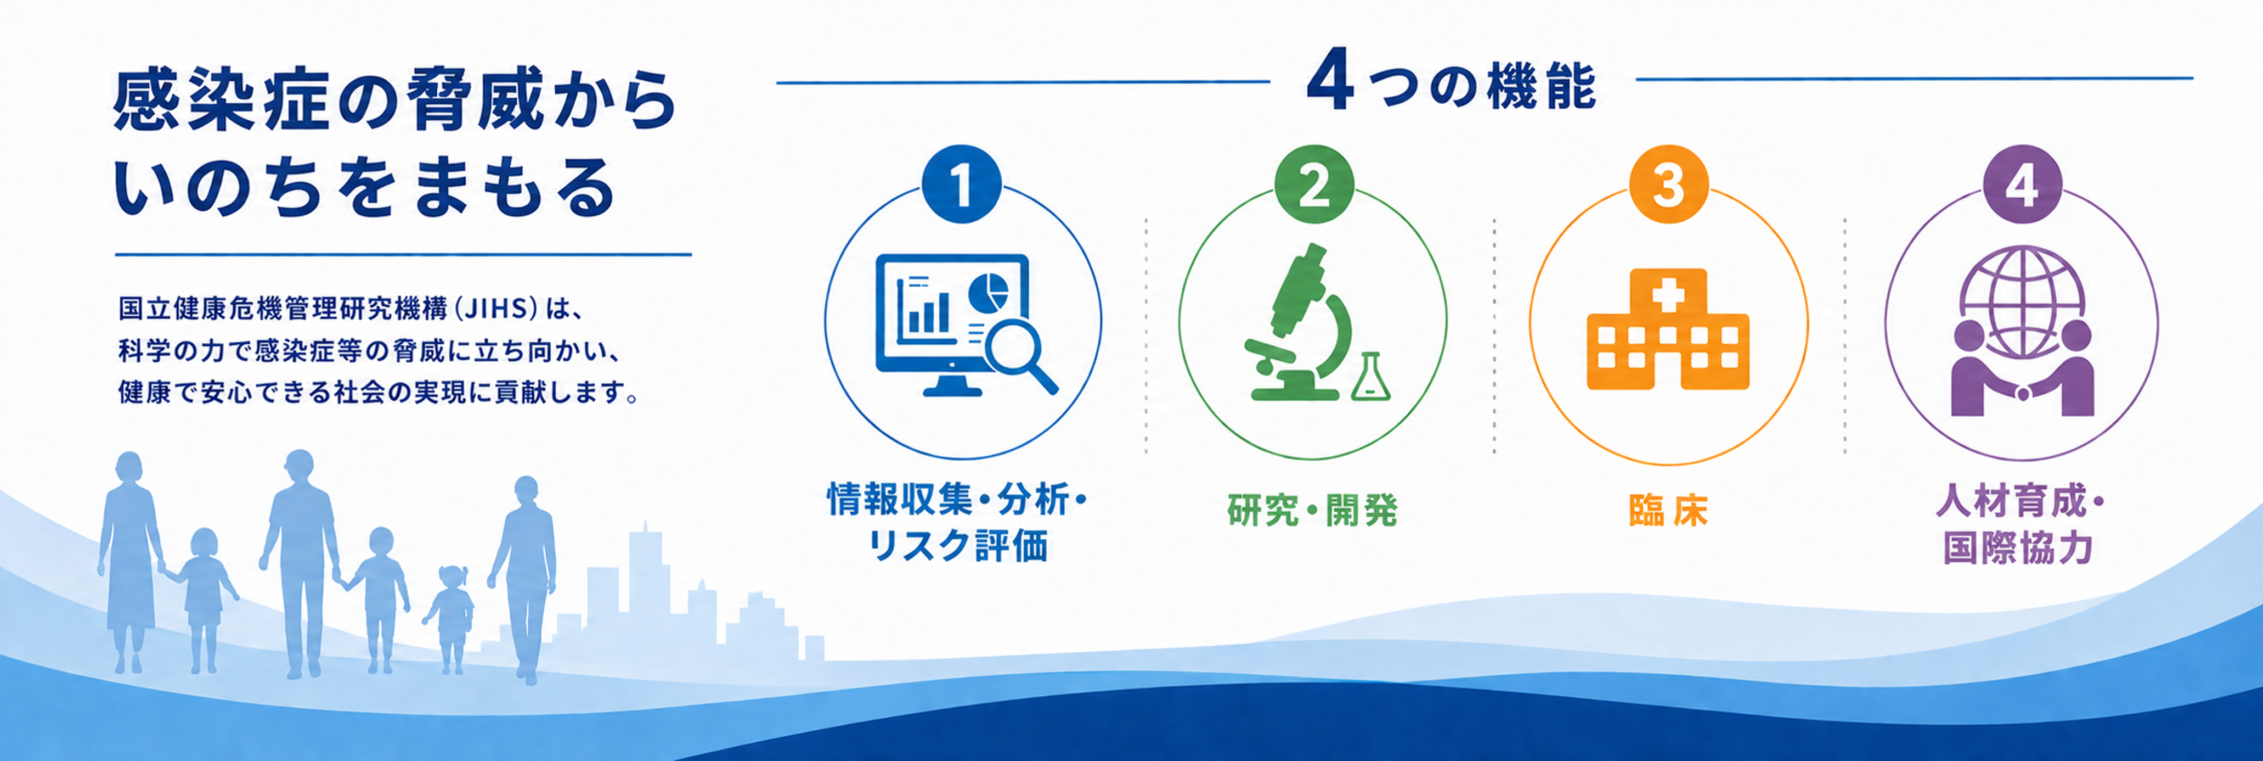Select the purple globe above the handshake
click(x=2022, y=299)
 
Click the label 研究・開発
click(x=1312, y=510)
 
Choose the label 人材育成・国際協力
click(x=2021, y=525)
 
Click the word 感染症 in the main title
click(x=219, y=101)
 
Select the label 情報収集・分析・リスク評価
click(x=957, y=523)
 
